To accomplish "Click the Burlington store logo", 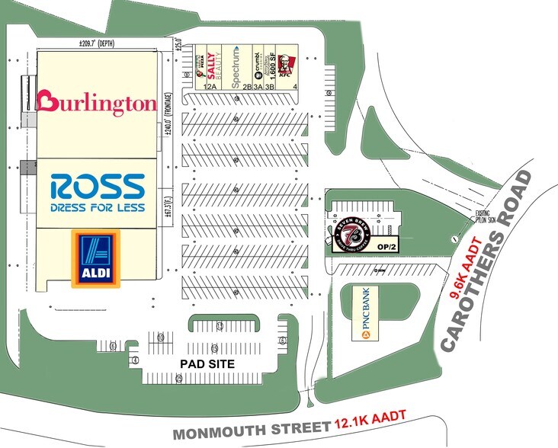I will tap(97, 103).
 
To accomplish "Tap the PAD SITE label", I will tap(207, 364).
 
